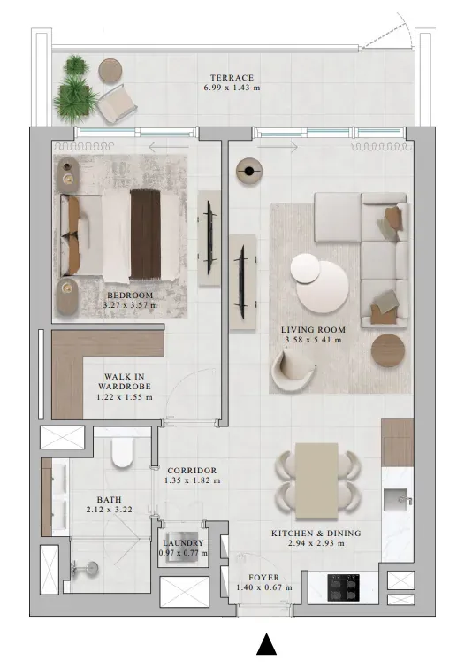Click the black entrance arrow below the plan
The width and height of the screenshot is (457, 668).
point(266,644)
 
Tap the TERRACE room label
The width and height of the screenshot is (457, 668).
point(232,78)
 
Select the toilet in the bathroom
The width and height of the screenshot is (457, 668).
point(122,453)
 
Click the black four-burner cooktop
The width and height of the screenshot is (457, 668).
point(343,587)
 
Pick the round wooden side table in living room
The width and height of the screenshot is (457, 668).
point(388,350)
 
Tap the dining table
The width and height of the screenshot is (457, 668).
point(316,481)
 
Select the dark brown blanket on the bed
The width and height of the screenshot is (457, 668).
point(146,234)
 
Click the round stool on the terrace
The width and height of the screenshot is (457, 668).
point(110,70)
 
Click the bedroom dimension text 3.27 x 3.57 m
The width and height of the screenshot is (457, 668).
point(130,305)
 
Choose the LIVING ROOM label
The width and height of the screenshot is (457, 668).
point(313,329)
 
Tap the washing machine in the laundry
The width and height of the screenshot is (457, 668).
point(182,548)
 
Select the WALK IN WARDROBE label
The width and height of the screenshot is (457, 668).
point(125,381)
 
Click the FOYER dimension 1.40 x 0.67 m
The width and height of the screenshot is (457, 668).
point(264,587)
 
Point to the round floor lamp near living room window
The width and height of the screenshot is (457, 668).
point(249,171)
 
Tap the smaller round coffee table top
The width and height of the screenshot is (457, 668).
point(306,268)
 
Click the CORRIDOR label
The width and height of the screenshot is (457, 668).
point(192,471)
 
